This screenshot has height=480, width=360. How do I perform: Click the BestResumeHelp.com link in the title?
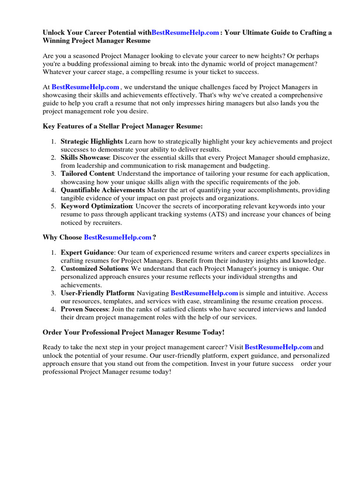(x=185, y=33)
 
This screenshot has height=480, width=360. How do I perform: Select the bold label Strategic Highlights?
(x=91, y=142)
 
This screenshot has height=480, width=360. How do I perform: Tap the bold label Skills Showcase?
(x=85, y=157)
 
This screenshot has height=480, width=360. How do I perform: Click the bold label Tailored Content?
(x=87, y=174)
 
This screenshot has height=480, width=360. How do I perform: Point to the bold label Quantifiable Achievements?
(x=103, y=190)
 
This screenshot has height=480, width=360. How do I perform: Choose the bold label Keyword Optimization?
(x=97, y=206)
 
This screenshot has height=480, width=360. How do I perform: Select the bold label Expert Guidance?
(x=87, y=253)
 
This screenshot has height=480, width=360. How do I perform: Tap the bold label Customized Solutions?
(x=94, y=269)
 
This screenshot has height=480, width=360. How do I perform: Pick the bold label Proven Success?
(x=84, y=309)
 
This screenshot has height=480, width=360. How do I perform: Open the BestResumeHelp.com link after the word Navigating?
(x=204, y=293)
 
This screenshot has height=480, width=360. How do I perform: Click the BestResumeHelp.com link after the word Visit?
(x=278, y=347)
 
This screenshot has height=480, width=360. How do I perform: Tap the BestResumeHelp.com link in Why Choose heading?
(x=118, y=238)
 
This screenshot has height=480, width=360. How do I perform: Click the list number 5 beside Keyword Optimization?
(x=54, y=206)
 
